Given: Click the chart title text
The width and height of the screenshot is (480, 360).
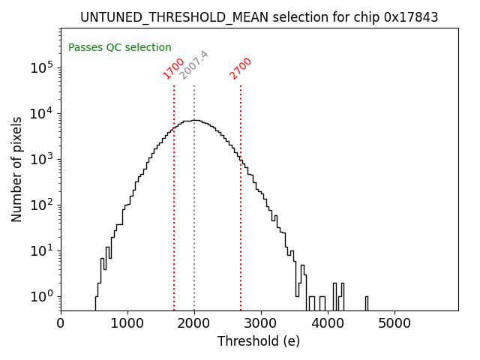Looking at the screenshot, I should pyautogui.click(x=259, y=16).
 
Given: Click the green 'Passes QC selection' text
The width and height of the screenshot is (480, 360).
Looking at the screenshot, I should pyautogui.click(x=120, y=47).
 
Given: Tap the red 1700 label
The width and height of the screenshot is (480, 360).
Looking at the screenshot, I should pyautogui.click(x=173, y=68).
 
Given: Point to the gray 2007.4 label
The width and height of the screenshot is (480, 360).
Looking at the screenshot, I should pyautogui.click(x=193, y=65).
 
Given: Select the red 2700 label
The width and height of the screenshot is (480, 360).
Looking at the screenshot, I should pyautogui.click(x=241, y=68).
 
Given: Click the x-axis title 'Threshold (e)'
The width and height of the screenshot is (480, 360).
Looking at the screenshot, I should pyautogui.click(x=259, y=342).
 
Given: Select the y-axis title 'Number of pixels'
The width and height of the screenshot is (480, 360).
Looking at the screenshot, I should pyautogui.click(x=16, y=169).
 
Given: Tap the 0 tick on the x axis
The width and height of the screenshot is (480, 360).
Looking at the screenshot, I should pyautogui.click(x=61, y=324).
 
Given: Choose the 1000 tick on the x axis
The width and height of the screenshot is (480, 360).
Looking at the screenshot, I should pyautogui.click(x=127, y=324).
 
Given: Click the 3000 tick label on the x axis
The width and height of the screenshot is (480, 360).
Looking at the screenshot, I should pyautogui.click(x=261, y=324).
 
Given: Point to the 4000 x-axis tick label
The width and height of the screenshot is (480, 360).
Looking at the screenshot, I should pyautogui.click(x=328, y=324).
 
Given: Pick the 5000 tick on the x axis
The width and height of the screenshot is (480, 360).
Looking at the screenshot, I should pyautogui.click(x=394, y=324).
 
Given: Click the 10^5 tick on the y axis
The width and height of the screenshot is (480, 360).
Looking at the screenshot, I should pyautogui.click(x=42, y=67).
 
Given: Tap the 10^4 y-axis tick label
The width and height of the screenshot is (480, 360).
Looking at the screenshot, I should pyautogui.click(x=42, y=113).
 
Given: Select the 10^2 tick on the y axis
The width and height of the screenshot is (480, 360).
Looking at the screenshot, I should pyautogui.click(x=42, y=205).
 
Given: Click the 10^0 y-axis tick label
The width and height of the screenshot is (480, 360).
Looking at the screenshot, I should pyautogui.click(x=42, y=296).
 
